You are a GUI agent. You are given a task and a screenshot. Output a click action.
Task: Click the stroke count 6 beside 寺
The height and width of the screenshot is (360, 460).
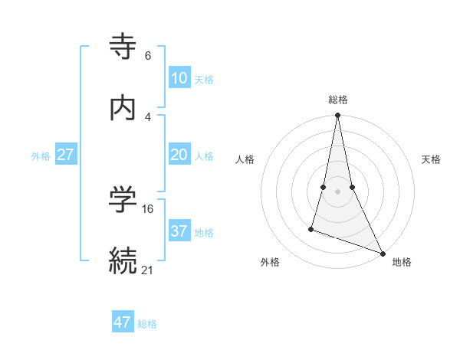pyautogui.click(x=148, y=56)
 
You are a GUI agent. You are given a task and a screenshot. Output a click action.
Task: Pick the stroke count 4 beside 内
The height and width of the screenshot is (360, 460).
pyautogui.click(x=148, y=116)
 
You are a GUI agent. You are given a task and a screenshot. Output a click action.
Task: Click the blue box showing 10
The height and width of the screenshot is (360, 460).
pyautogui.click(x=179, y=78)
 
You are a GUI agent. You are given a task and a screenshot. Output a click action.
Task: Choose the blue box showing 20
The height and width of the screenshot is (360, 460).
pyautogui.click(x=179, y=155)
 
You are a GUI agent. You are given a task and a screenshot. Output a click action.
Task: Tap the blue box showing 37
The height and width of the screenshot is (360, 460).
pyautogui.click(x=179, y=231)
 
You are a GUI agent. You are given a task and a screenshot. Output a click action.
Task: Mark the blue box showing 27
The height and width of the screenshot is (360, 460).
pyautogui.click(x=66, y=155)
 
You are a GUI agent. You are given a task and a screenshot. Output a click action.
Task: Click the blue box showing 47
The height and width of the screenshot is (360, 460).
pyautogui.click(x=123, y=322)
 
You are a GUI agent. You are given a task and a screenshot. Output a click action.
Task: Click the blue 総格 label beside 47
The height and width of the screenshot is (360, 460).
pyautogui.click(x=147, y=324)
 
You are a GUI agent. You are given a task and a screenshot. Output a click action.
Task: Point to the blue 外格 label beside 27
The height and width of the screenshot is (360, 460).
pyautogui.click(x=41, y=156)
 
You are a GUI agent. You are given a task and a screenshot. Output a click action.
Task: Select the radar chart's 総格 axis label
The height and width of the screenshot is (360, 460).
pyautogui.click(x=338, y=100)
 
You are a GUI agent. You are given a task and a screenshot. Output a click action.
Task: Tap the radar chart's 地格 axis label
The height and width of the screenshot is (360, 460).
pyautogui.click(x=402, y=262)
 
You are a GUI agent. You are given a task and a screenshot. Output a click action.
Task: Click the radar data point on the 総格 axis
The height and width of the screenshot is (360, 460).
pyautogui.click(x=338, y=116)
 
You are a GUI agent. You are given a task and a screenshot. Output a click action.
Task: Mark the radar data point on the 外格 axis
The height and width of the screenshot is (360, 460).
pyautogui.click(x=311, y=228)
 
